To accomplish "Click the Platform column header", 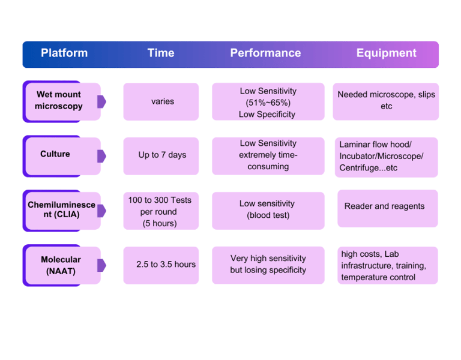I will (64, 53).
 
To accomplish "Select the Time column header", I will (161, 53).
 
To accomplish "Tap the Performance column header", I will (265, 53).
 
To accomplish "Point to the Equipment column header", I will (386, 53).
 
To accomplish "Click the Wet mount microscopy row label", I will (59, 100).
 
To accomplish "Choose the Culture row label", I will (55, 154).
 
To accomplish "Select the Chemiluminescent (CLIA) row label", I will (61, 210).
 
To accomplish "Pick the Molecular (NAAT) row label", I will (61, 265).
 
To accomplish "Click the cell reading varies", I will (162, 101).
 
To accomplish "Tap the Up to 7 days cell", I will (162, 155).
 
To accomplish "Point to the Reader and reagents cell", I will (385, 206).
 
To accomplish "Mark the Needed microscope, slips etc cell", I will (386, 100).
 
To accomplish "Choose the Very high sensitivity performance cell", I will (268, 264).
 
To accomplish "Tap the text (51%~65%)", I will (268, 103).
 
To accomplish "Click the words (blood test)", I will (268, 215).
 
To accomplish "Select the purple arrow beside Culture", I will (101, 156).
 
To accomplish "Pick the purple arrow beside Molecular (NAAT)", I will (101, 265).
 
